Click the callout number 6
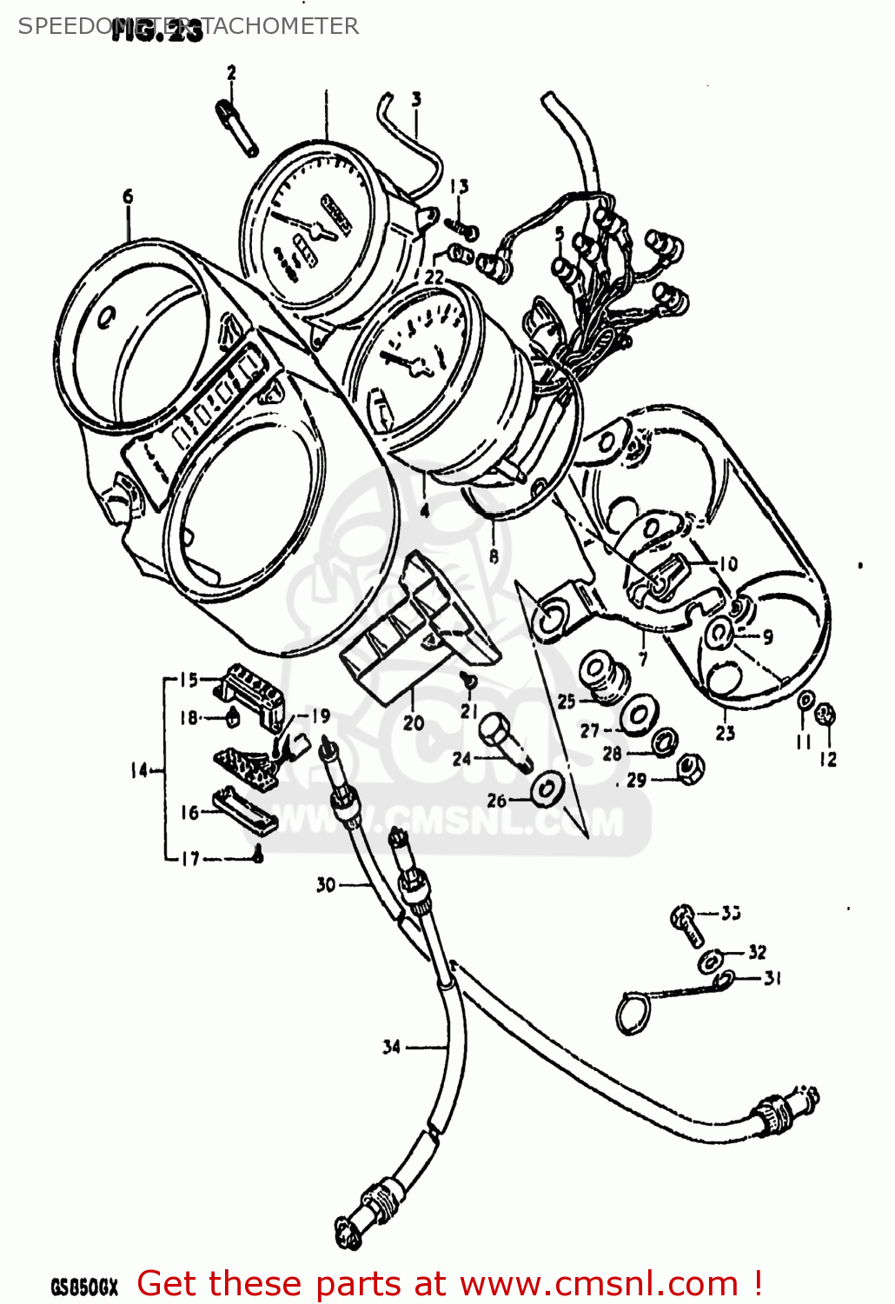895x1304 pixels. tap(128, 197)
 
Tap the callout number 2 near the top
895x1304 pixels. tap(231, 73)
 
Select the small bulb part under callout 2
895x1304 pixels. tap(235, 127)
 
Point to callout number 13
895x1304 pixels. tap(459, 186)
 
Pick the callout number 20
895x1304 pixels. tap(414, 722)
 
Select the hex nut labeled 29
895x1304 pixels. tap(691, 768)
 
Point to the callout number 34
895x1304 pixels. tap(391, 1047)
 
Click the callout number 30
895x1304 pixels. tap(326, 885)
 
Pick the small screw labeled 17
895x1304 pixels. tap(257, 857)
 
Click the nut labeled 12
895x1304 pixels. tap(826, 715)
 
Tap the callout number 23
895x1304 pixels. tap(726, 733)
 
